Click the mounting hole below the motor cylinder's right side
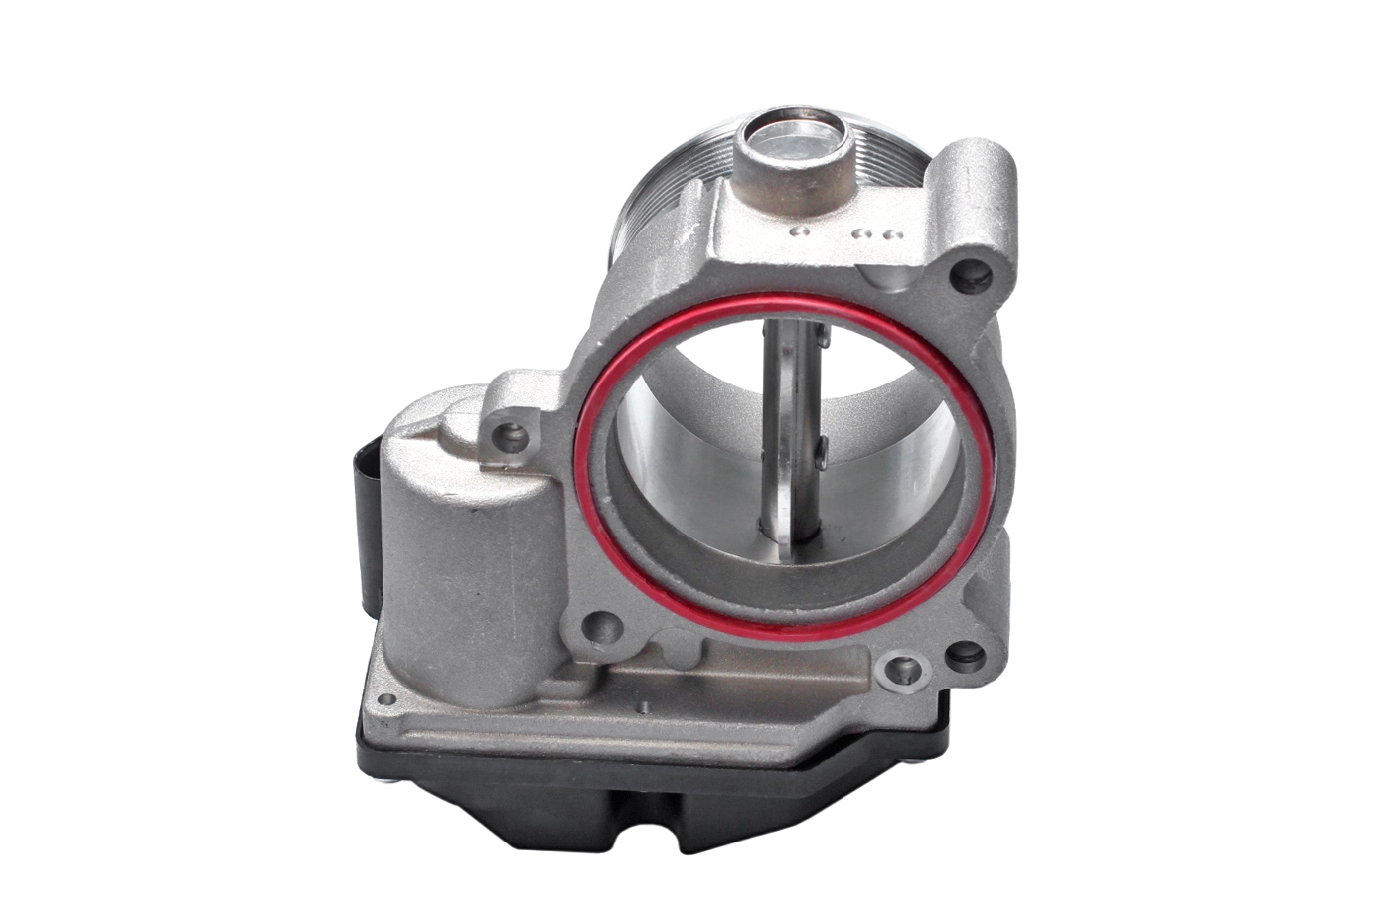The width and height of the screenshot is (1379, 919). [598, 626]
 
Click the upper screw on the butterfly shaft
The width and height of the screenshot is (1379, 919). [823, 338]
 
